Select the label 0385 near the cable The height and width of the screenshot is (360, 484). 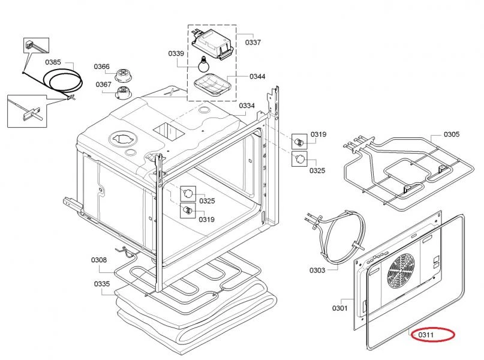53,62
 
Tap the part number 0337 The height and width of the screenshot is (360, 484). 253,43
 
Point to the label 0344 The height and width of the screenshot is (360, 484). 258,77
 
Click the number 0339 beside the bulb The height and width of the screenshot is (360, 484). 176,54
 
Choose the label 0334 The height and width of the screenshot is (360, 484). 247,106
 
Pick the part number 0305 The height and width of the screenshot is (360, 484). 452,134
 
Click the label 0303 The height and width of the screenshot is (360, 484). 317,270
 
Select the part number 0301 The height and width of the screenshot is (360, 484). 339,308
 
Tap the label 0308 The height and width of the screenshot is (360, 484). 99,260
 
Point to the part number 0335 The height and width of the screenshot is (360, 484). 102,283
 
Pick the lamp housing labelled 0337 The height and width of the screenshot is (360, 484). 211,46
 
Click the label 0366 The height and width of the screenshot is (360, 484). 101,67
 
